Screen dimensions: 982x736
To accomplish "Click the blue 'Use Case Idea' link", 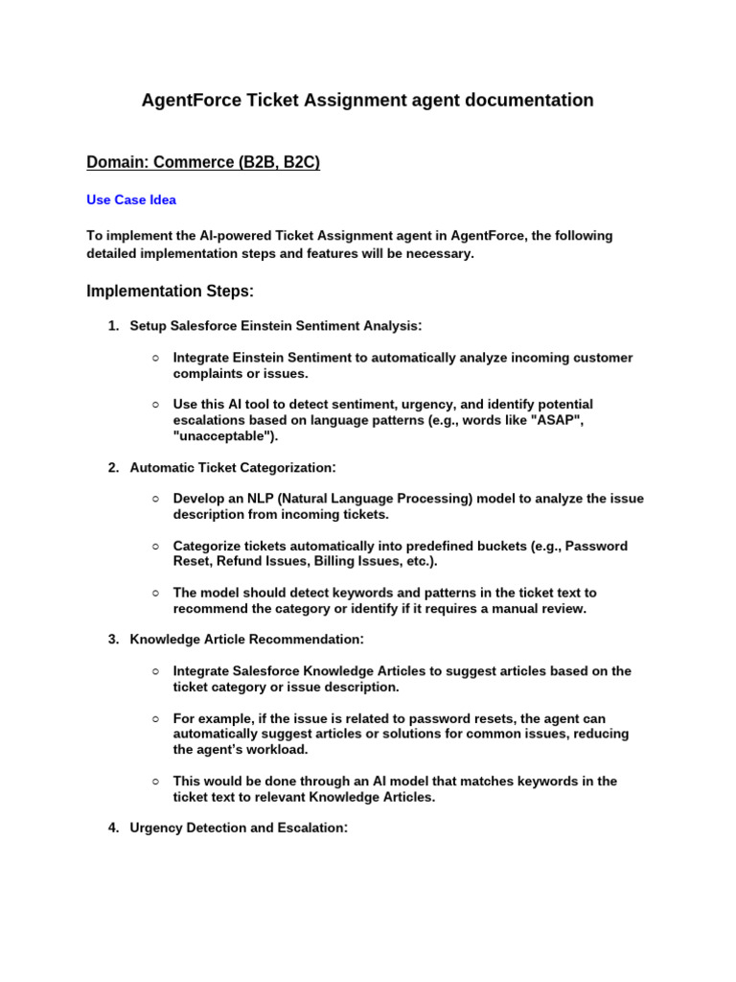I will point(131,200).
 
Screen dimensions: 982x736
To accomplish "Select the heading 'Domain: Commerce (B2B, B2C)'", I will point(203,163).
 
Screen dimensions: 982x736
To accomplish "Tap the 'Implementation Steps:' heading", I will point(171,291).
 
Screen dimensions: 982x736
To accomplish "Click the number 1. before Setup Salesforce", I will point(113,326).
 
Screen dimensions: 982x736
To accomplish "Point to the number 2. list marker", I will point(113,468).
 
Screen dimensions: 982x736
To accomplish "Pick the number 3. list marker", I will point(113,639).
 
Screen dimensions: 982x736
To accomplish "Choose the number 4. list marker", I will point(113,828).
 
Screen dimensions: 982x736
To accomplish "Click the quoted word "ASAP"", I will point(559,420).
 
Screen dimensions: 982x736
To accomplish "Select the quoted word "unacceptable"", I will point(223,436).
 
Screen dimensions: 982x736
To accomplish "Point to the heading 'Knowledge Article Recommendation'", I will point(246,639).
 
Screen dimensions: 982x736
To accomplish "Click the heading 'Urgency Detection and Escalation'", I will point(238,828).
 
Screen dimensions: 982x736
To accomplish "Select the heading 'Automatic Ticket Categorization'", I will point(233,468).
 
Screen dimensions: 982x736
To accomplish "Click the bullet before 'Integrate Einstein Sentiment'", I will point(155,358).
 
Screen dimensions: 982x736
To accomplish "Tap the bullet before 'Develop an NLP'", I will point(155,499).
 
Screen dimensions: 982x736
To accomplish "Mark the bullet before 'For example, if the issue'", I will point(155,718).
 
